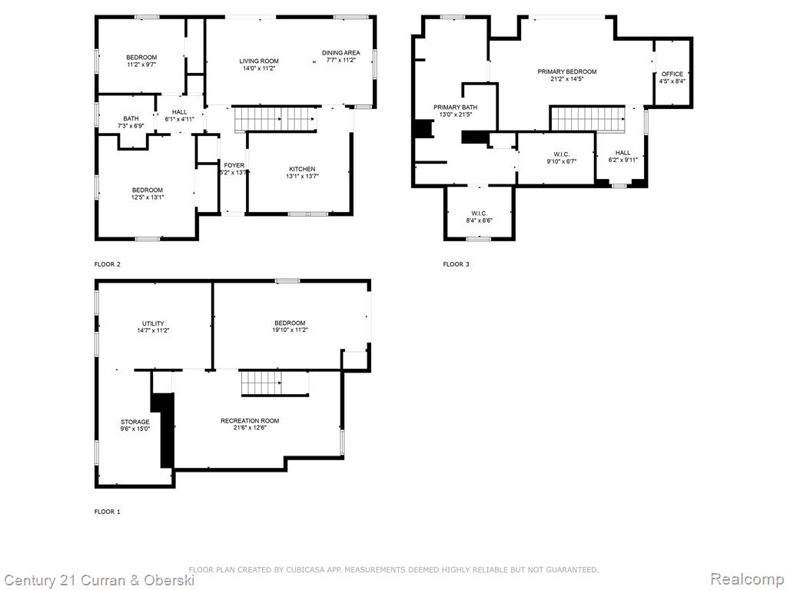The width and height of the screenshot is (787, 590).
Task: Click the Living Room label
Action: pos(259,61)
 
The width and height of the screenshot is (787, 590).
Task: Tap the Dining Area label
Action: pos(340,53)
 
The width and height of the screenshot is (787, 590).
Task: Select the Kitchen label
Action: pos(302,169)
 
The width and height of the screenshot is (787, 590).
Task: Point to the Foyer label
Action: pos(234,165)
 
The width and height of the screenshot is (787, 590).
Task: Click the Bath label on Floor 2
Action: pos(131,119)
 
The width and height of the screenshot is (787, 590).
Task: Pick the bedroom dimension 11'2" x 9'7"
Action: pos(141,65)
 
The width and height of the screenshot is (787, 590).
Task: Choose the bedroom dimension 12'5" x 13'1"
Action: pos(148,197)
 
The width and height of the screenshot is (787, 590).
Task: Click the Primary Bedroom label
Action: pos(567,71)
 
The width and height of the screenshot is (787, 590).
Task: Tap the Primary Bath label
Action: pos(455,108)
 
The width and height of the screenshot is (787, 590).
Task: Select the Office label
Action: pos(672,74)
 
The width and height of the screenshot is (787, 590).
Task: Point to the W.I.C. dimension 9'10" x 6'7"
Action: pos(562,161)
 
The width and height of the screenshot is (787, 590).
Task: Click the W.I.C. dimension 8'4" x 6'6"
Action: pos(480,220)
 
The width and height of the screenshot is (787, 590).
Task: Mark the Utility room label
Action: pos(153,323)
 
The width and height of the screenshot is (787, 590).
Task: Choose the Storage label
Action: pos(135,422)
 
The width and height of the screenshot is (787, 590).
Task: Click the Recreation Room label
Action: pos(250,420)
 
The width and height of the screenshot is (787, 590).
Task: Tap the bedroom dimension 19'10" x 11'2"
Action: pos(290,330)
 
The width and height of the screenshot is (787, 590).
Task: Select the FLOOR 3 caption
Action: pos(457,264)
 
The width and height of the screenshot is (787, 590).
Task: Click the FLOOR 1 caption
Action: pos(108,512)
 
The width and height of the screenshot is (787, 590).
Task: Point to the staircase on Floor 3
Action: pos(588,118)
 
